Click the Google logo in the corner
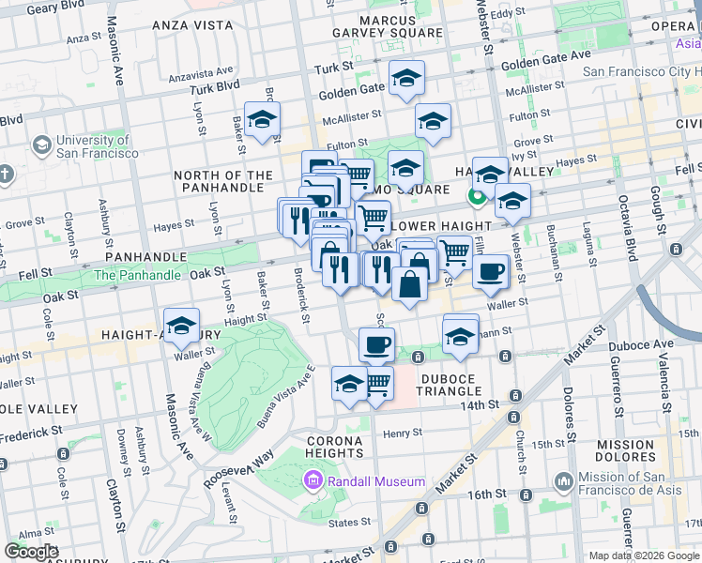(31, 552)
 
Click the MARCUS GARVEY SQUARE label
(387, 25)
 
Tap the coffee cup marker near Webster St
(489, 272)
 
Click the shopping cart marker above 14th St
(377, 383)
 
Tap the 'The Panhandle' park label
(136, 275)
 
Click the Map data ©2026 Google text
(643, 555)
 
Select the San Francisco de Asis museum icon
(564, 482)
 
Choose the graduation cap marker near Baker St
(263, 119)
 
